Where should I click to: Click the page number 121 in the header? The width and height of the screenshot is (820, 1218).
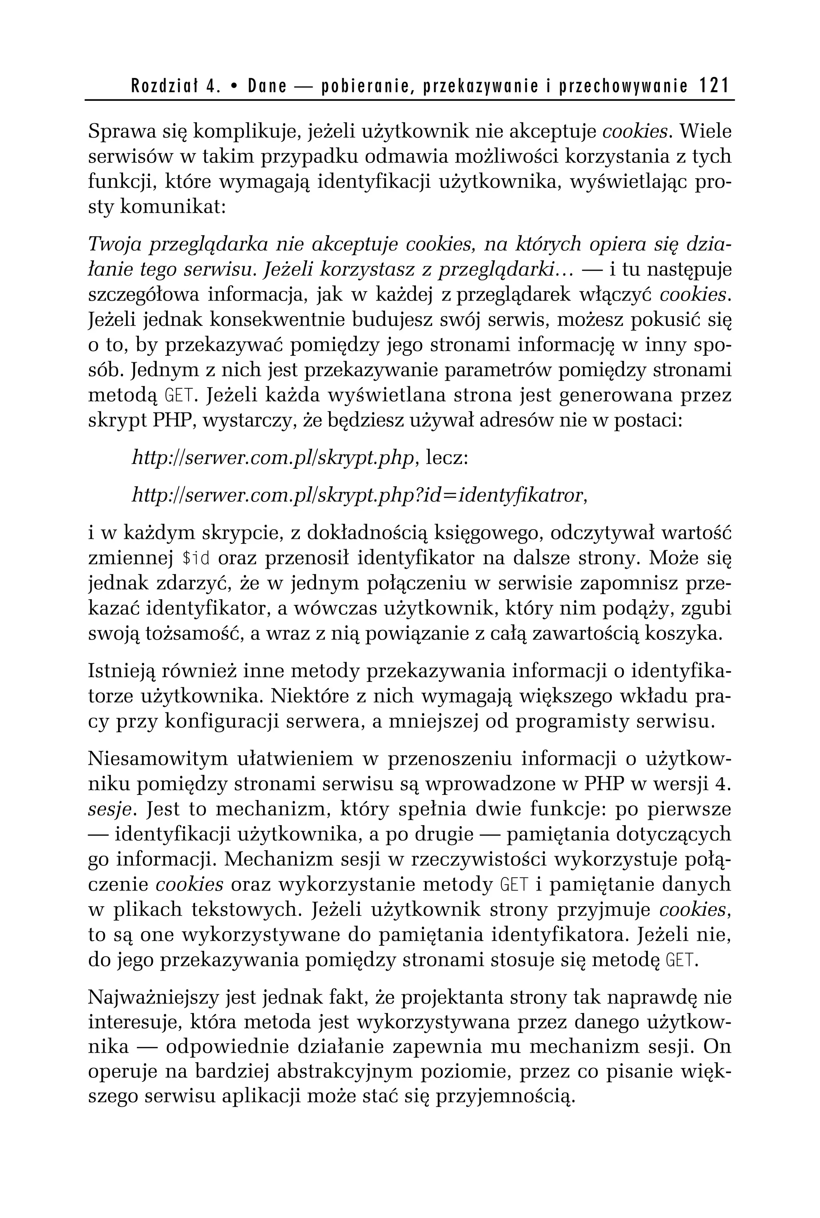714,86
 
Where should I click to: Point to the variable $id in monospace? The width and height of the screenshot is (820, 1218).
196,559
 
